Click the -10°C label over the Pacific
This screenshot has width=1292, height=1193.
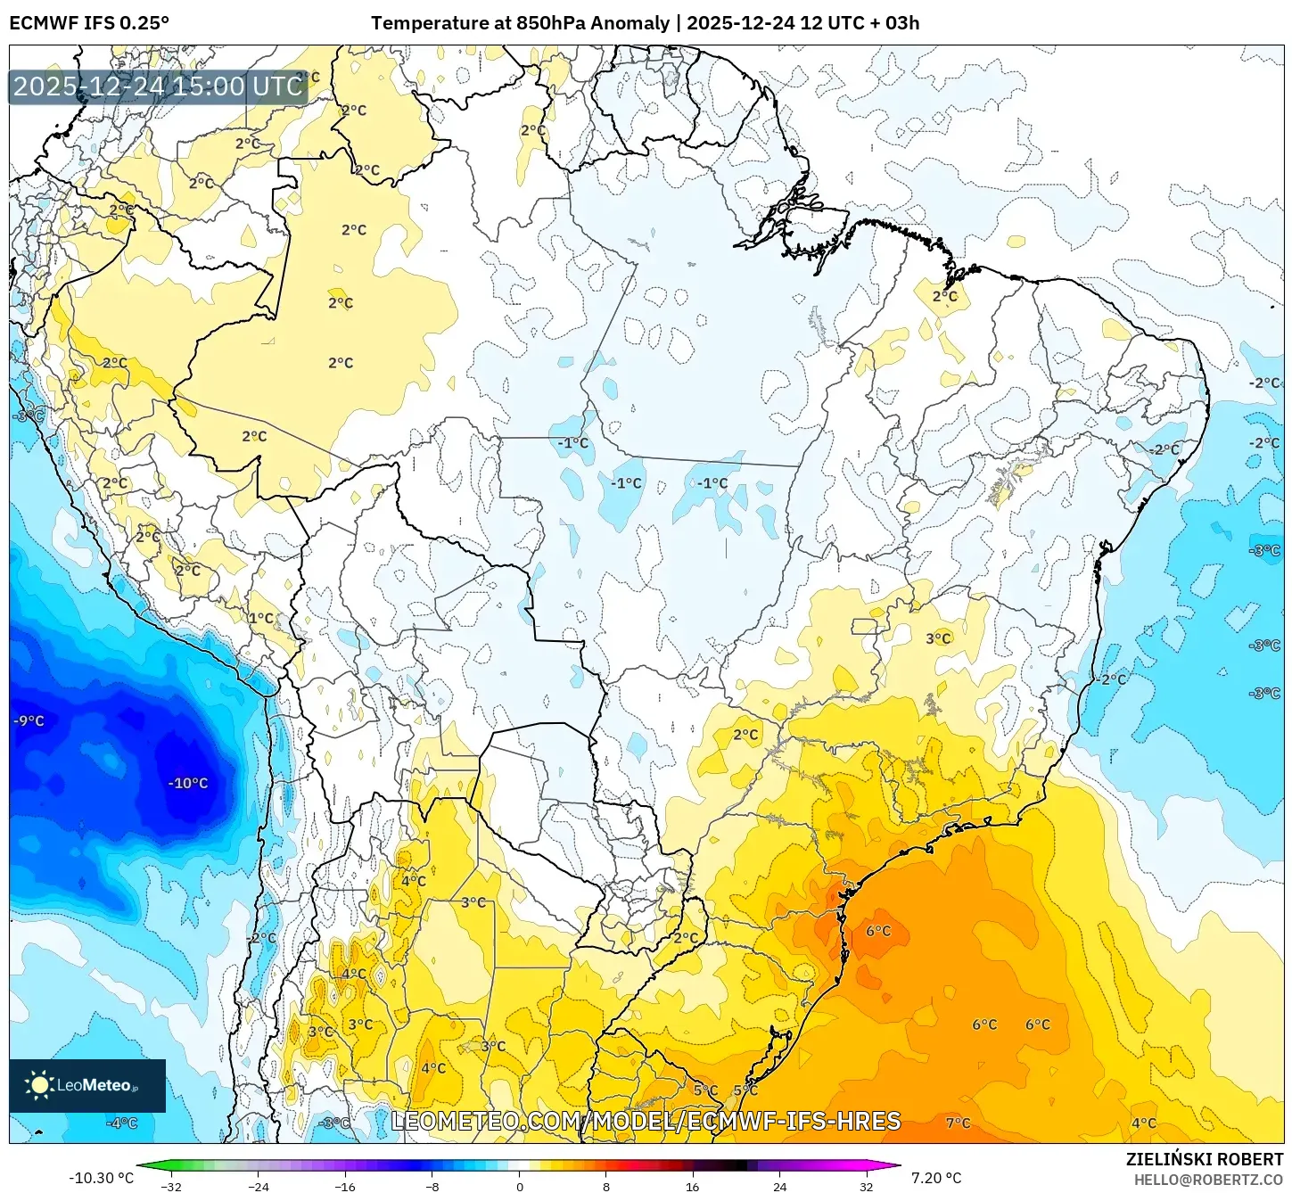pyautogui.click(x=188, y=783)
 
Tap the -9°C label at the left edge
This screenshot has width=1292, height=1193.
pyautogui.click(x=29, y=720)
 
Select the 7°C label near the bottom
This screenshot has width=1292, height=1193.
pyautogui.click(x=958, y=1123)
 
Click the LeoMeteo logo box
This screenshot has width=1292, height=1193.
pyautogui.click(x=87, y=1085)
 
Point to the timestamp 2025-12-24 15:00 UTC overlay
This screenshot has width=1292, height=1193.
pyautogui.click(x=159, y=86)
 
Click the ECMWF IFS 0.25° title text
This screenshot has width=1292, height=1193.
pyautogui.click(x=89, y=23)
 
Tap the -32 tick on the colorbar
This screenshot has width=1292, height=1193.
pyautogui.click(x=171, y=1186)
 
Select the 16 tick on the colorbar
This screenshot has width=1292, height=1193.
pyautogui.click(x=692, y=1186)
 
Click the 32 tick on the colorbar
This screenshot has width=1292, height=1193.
pyautogui.click(x=866, y=1186)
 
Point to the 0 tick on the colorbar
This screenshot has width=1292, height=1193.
pyautogui.click(x=520, y=1186)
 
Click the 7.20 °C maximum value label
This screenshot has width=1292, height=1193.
pyautogui.click(x=934, y=1178)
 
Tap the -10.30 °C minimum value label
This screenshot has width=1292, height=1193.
pyautogui.click(x=101, y=1178)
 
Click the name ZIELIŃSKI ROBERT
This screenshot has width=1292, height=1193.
pyautogui.click(x=1204, y=1159)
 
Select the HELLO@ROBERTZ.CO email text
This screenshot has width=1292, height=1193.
pyautogui.click(x=1208, y=1180)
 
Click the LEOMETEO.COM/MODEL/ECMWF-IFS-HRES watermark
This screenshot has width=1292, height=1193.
pyautogui.click(x=646, y=1121)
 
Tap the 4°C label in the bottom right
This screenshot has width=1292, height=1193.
pyautogui.click(x=1143, y=1123)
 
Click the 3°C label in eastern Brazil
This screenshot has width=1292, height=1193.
pyautogui.click(x=938, y=638)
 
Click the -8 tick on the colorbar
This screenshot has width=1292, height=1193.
pyautogui.click(x=432, y=1186)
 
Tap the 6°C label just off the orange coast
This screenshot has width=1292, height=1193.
pyautogui.click(x=878, y=931)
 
